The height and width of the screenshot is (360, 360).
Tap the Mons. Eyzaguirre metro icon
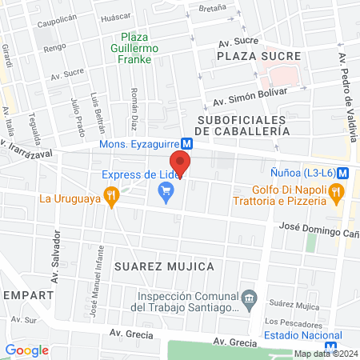tap(186, 144)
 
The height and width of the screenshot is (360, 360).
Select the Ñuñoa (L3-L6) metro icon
tap(342, 172)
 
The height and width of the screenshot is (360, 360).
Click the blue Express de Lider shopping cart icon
tap(166, 190)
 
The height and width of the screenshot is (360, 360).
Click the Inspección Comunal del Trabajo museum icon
tap(250, 298)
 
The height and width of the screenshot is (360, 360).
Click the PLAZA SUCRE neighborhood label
tap(264, 56)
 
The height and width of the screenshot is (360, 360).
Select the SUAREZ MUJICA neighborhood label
tap(164, 266)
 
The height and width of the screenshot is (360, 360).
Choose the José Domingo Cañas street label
tap(317, 227)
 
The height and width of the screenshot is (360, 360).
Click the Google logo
tap(26, 350)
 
